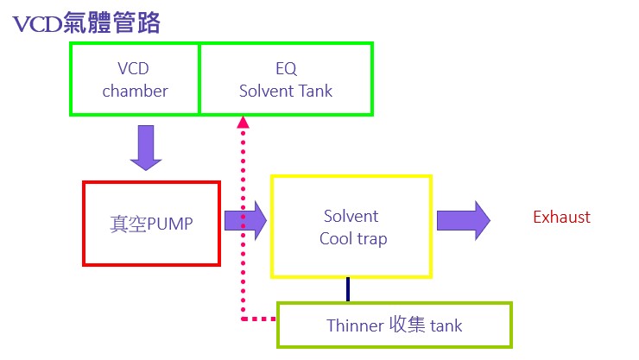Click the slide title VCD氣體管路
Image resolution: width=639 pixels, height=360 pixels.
pyautogui.click(x=86, y=23)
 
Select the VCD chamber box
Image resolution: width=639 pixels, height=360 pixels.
pyautogui.click(x=135, y=79)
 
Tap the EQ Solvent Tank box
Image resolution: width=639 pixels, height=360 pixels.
pyautogui.click(x=286, y=79)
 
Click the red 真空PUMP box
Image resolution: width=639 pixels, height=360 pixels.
pyautogui.click(x=151, y=223)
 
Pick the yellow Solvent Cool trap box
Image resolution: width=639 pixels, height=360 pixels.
pyautogui.click(x=351, y=226)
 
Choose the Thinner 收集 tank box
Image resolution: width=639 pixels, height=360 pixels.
pyautogui.click(x=395, y=325)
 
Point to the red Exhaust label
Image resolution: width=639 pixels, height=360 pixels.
pyautogui.click(x=561, y=217)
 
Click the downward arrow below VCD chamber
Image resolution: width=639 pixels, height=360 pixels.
pyautogui.click(x=146, y=146)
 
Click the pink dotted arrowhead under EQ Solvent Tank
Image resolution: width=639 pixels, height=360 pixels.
pyautogui.click(x=244, y=123)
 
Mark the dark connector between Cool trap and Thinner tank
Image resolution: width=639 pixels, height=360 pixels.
pyautogui.click(x=348, y=289)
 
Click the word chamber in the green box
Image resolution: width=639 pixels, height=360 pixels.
pyautogui.click(x=135, y=90)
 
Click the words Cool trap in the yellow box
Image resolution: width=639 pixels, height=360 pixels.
pyautogui.click(x=353, y=238)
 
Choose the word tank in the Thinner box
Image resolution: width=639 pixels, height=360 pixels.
pyautogui.click(x=443, y=325)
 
